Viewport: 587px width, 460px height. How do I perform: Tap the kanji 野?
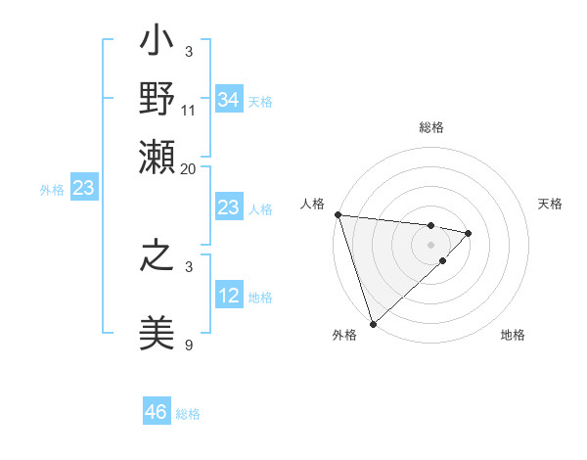(x=158, y=99)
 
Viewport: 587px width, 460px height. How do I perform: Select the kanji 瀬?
(x=158, y=156)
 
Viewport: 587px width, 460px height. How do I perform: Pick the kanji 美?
(x=158, y=332)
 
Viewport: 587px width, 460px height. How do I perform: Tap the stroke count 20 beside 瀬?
(x=189, y=168)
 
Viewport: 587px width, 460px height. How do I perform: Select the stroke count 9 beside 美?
(x=189, y=345)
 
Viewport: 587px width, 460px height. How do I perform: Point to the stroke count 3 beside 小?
(x=189, y=51)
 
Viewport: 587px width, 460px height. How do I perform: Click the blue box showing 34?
(x=228, y=100)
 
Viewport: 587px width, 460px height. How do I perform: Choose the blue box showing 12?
(x=228, y=296)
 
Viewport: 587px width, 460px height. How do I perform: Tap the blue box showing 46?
(x=156, y=412)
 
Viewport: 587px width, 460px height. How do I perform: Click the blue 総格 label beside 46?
(x=188, y=414)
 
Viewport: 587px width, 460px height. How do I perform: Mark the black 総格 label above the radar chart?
(x=430, y=128)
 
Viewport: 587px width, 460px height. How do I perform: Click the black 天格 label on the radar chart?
(x=550, y=204)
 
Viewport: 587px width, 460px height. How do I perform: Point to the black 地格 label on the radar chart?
(x=513, y=336)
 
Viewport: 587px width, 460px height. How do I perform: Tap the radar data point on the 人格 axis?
(x=338, y=214)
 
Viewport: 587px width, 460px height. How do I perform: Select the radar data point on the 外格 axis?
(x=373, y=322)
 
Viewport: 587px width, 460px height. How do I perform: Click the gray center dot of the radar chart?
(x=430, y=244)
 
